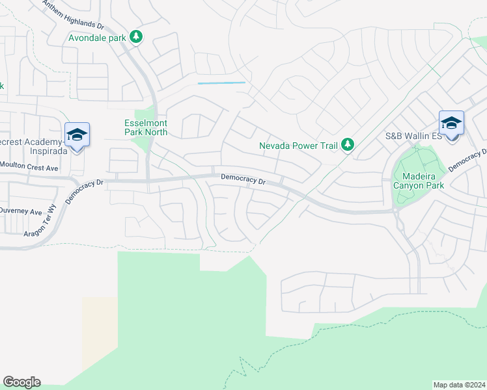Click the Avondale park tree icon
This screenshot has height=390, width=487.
[136, 36]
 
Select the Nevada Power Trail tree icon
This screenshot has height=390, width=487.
[348, 145]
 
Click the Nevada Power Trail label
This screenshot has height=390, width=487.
[298, 146]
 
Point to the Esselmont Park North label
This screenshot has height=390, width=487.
[146, 127]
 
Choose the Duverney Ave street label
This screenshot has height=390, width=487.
[21, 211]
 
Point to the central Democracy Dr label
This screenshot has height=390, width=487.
[243, 179]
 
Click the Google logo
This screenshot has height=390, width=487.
[21, 382]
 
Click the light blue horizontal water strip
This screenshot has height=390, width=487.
[221, 83]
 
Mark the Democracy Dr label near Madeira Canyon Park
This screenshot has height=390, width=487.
[467, 160]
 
